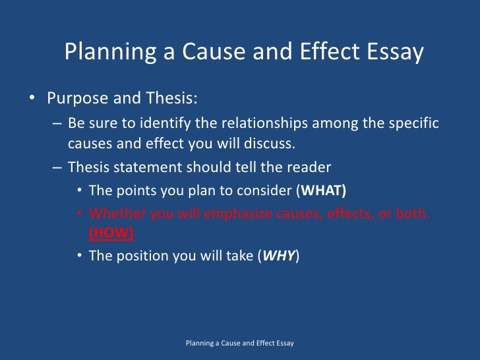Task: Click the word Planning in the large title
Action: pos(106,52)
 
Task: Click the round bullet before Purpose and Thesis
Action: pos(32,100)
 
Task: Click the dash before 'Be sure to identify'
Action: pos(57,125)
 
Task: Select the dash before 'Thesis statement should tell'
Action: pos(57,167)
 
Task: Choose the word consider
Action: pos(260,191)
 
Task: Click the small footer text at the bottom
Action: pos(240,344)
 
